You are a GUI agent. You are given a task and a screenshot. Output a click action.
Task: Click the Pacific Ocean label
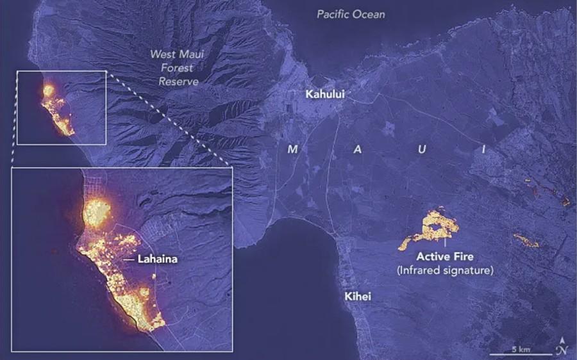[x=351, y=13]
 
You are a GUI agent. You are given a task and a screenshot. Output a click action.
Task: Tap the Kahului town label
[x=325, y=94]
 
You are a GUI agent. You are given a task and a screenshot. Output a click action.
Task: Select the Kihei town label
[x=357, y=297]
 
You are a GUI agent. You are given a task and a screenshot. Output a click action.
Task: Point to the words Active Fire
[x=445, y=257]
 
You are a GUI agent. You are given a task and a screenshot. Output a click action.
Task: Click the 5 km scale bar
[x=520, y=352]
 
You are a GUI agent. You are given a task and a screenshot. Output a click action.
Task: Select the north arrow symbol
[x=562, y=347]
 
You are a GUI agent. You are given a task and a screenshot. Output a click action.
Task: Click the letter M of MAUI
[x=293, y=149]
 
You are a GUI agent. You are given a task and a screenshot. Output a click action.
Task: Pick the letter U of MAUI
[x=421, y=149]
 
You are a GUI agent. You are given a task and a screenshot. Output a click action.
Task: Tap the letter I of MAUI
[x=484, y=149]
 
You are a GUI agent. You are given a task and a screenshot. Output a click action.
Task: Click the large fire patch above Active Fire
[x=433, y=228]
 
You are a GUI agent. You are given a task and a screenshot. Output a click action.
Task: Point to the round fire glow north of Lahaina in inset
[x=97, y=211]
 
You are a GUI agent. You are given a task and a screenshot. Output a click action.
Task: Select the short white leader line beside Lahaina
[x=128, y=260]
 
